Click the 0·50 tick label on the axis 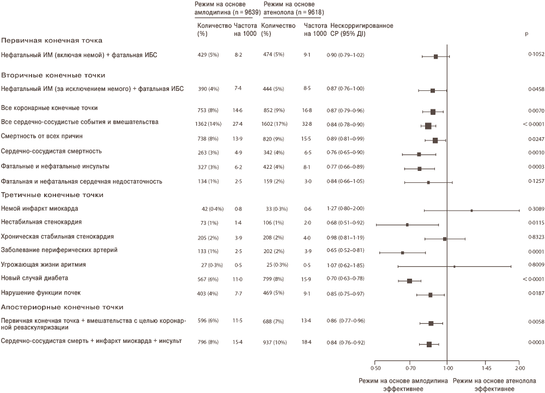tap(376, 368)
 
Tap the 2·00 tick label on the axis tap(520, 368)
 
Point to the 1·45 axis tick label tap(486, 368)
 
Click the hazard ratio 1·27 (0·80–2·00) tap(346, 208)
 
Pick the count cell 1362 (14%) tap(208, 124)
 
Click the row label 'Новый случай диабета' tap(34, 278)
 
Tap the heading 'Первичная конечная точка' tap(52, 40)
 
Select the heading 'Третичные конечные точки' tap(52, 195)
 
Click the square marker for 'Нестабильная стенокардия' tap(407, 225)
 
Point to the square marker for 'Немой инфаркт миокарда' tap(471, 211)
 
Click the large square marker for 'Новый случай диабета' tap(409, 281)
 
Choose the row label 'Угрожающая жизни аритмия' tap(44, 265)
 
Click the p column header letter tap(526, 34)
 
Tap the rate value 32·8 tap(307, 124)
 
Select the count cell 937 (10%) tap(275, 342)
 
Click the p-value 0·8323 tap(536, 237)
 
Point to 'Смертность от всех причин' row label tap(42, 136)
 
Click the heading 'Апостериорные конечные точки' tap(62, 307)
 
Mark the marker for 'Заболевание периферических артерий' tap(403, 253)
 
